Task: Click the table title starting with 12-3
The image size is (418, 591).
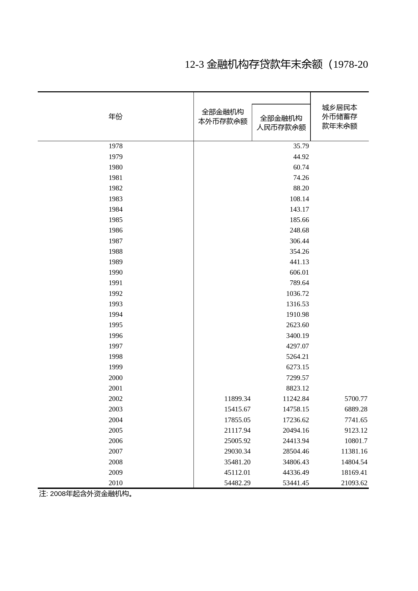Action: pyautogui.click(x=276, y=64)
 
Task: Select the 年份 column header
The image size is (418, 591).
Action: pyautogui.click(x=115, y=117)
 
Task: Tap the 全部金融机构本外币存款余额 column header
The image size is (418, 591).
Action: pyautogui.click(x=222, y=117)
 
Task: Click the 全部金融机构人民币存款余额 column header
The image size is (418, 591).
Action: pyautogui.click(x=281, y=123)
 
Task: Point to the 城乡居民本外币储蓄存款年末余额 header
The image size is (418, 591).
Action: pyautogui.click(x=339, y=117)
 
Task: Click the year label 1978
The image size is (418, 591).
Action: pyautogui.click(x=115, y=146)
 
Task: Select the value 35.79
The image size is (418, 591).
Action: pyautogui.click(x=301, y=146)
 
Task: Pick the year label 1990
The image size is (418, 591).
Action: pyautogui.click(x=115, y=272)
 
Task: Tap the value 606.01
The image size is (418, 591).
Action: pyautogui.click(x=299, y=272)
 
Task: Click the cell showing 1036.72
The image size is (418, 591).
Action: pyautogui.click(x=297, y=293)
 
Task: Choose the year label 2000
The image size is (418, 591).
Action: pyautogui.click(x=115, y=378)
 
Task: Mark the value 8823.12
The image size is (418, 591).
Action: pyautogui.click(x=297, y=388)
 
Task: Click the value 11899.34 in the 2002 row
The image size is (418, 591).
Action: pyautogui.click(x=237, y=399)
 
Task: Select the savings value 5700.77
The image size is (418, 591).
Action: pyautogui.click(x=356, y=399)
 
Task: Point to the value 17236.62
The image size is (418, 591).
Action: pyautogui.click(x=296, y=420)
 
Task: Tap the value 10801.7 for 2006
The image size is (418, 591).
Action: pyautogui.click(x=356, y=441)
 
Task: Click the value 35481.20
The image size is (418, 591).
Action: pyautogui.click(x=237, y=462)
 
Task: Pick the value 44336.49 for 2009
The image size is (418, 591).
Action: pyautogui.click(x=296, y=472)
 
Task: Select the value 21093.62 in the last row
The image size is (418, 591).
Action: pyautogui.click(x=354, y=483)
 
